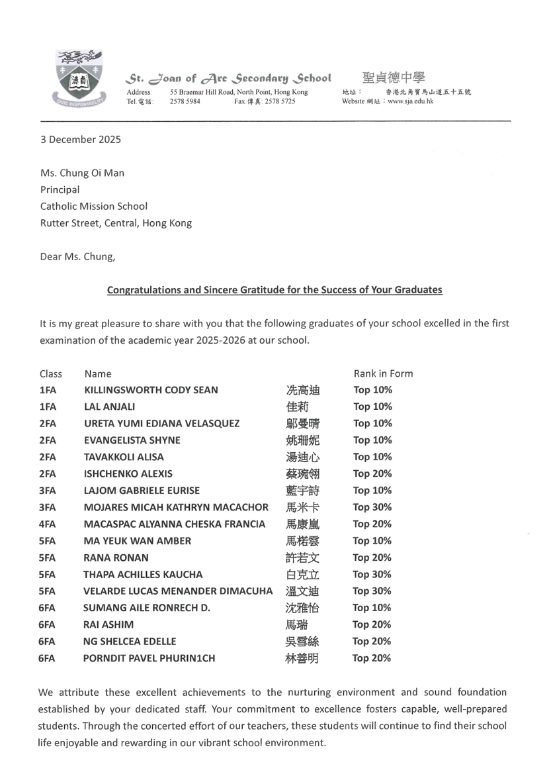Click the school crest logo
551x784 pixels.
tap(79, 79)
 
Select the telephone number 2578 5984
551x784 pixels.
tap(185, 101)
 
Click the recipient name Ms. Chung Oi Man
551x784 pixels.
tap(82, 173)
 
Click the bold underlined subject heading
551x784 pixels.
tap(275, 290)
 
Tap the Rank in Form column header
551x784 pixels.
tap(383, 373)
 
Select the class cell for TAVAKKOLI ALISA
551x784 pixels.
tap(48, 457)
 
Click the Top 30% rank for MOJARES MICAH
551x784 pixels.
tap(372, 507)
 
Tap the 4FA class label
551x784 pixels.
tap(48, 524)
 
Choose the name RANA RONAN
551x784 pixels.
tap(116, 558)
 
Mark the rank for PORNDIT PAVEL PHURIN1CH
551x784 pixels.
tap(372, 658)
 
